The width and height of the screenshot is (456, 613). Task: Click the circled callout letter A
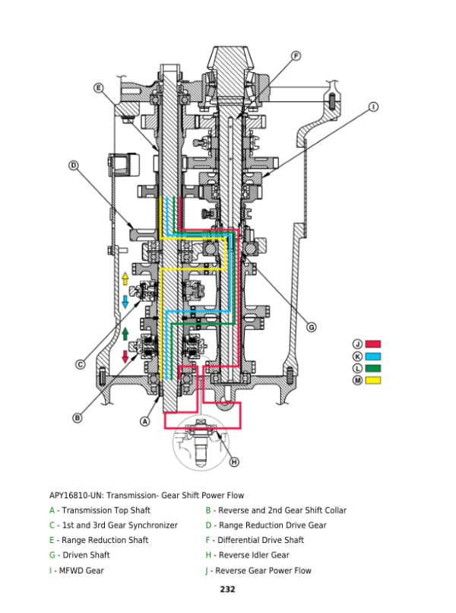pyautogui.click(x=145, y=421)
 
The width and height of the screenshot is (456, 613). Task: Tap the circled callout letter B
pyautogui.click(x=78, y=418)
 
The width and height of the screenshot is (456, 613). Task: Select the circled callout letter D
pyautogui.click(x=74, y=165)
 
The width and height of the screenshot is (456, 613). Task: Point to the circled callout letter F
pyautogui.click(x=296, y=56)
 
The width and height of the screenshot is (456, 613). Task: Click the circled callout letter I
pyautogui.click(x=374, y=106)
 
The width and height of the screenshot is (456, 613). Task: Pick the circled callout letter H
pyautogui.click(x=233, y=462)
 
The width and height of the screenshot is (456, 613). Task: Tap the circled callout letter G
pyautogui.click(x=311, y=327)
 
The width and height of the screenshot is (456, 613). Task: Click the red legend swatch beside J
pyautogui.click(x=372, y=344)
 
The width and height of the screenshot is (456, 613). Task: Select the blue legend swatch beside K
pyautogui.click(x=372, y=356)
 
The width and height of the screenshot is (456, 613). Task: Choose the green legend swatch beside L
pyautogui.click(x=372, y=368)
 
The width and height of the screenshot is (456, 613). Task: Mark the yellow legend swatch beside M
pyautogui.click(x=372, y=380)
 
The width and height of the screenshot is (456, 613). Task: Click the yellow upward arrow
pyautogui.click(x=125, y=279)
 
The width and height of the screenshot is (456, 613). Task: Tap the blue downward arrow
pyautogui.click(x=125, y=301)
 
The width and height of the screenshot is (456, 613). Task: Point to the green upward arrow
pyautogui.click(x=125, y=334)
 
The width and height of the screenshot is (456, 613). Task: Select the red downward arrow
pyautogui.click(x=125, y=357)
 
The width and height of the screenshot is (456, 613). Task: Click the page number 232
pyautogui.click(x=227, y=589)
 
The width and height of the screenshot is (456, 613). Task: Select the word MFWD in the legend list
pyautogui.click(x=71, y=570)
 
